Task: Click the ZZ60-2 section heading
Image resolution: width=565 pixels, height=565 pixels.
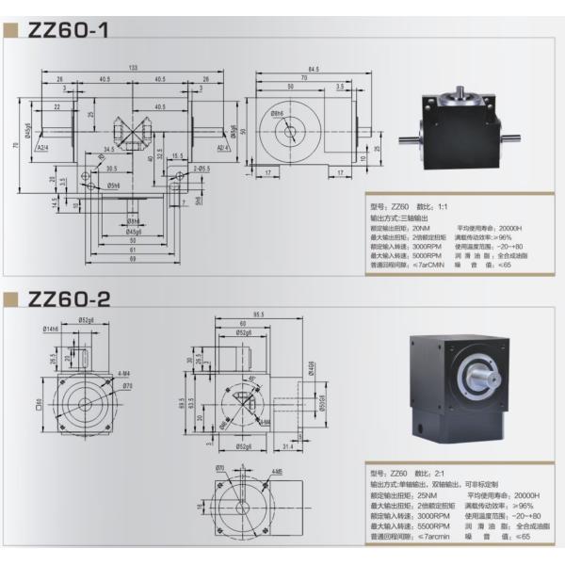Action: pyautogui.click(x=70, y=299)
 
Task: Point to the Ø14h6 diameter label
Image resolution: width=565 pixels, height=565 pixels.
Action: pyautogui.click(x=50, y=329)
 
